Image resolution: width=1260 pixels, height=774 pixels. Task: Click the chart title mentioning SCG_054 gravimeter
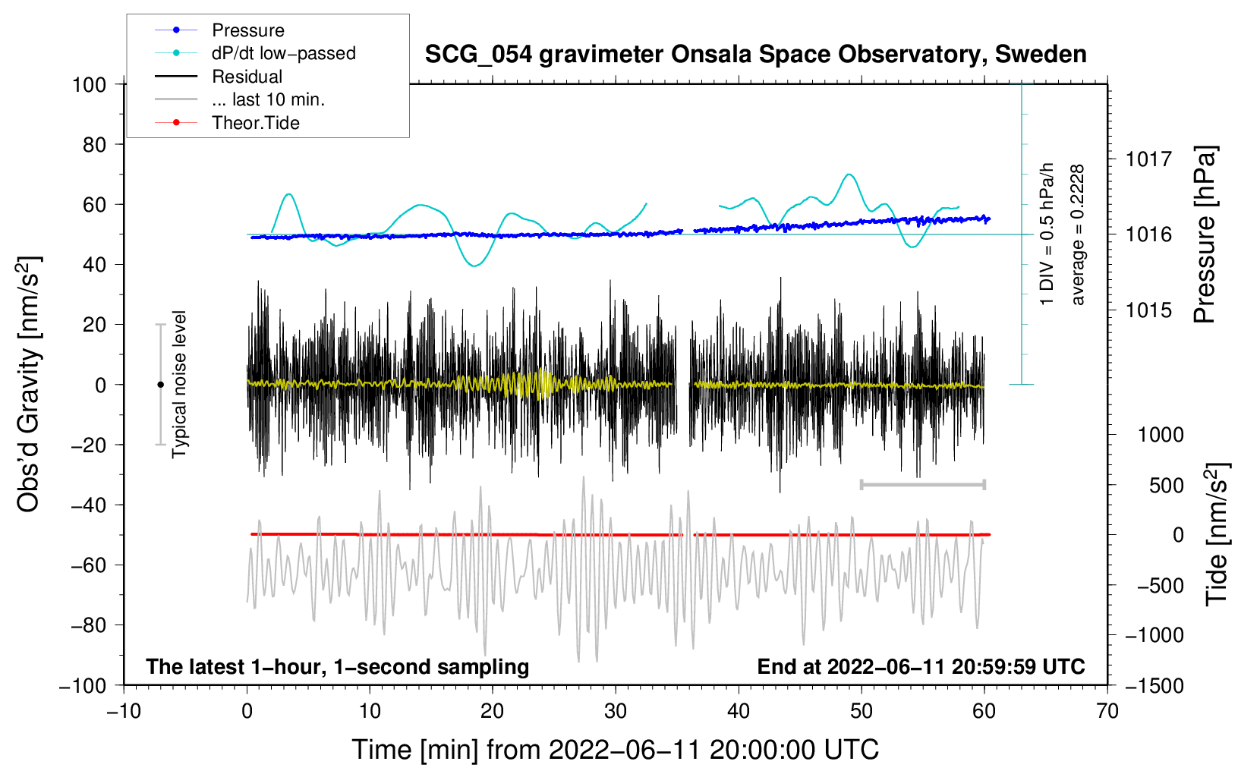point(755,55)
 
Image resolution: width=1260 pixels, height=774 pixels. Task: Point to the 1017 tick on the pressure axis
point(1148,159)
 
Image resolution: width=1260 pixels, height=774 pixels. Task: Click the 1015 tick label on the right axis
point(1148,310)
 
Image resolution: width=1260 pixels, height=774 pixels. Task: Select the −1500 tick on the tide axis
point(1154,686)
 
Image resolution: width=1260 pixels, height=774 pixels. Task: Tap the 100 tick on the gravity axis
point(90,85)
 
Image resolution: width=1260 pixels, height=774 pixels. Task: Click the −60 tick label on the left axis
point(88,565)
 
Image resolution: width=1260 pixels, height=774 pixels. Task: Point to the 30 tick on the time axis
point(616,712)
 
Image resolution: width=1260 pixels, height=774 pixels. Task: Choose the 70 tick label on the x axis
point(1107,712)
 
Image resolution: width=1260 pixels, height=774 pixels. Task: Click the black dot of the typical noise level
point(160,385)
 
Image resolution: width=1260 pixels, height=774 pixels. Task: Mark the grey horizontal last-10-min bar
point(922,484)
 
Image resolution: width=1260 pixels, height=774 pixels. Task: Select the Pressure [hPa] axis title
point(1205,234)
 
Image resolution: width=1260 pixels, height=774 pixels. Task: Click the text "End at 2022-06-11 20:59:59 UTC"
point(921,666)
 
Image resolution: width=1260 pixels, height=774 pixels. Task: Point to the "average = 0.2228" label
point(1077,235)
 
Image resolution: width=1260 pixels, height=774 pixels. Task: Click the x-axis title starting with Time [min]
point(616,750)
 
